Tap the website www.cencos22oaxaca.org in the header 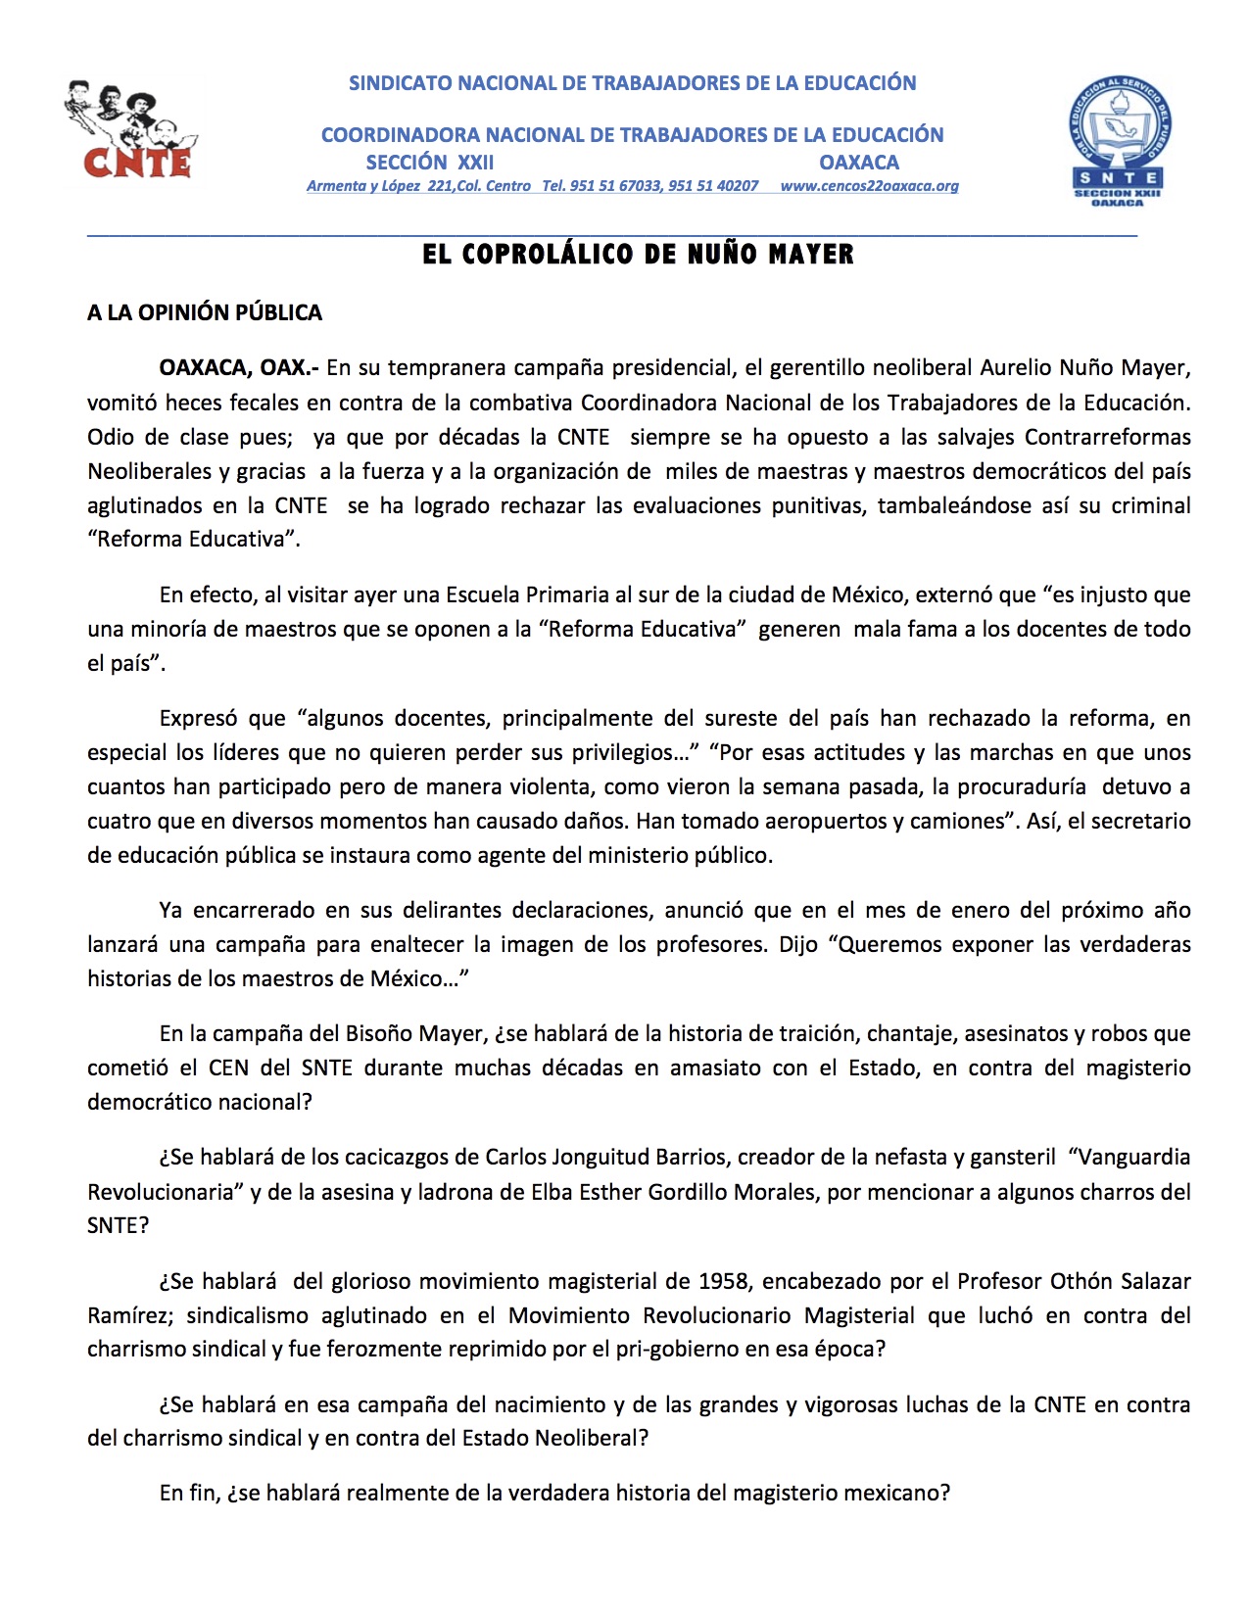point(869,186)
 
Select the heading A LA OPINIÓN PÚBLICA point(205,313)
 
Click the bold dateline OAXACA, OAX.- point(239,368)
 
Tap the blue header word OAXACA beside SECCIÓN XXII point(859,163)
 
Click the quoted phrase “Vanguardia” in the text point(1129,1158)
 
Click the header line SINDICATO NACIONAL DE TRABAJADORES point(632,83)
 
